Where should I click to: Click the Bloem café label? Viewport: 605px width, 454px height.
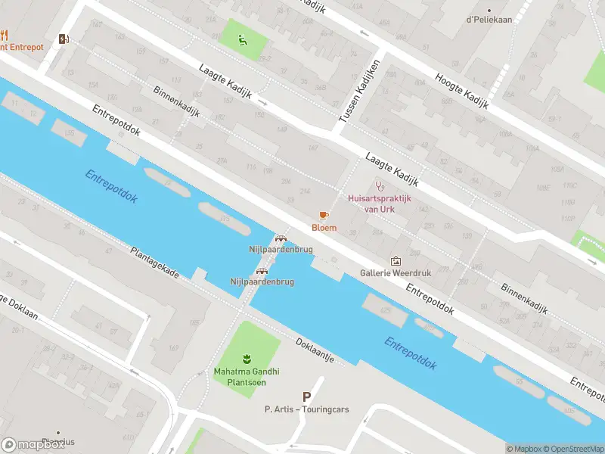pos(324,228)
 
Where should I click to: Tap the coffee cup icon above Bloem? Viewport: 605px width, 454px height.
pos(324,216)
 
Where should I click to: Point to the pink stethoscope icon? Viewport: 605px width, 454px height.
pos(380,185)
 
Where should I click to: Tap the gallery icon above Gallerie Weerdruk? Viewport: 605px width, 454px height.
pos(395,260)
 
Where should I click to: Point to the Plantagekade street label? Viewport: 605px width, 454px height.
pos(154,263)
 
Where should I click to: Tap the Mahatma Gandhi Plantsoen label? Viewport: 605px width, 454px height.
pos(246,376)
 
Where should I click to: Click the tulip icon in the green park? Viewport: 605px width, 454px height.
pos(245,358)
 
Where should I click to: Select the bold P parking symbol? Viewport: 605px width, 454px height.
pos(306,396)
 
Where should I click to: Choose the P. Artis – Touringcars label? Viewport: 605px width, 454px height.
pos(306,409)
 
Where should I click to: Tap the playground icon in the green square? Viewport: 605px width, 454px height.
pos(242,40)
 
